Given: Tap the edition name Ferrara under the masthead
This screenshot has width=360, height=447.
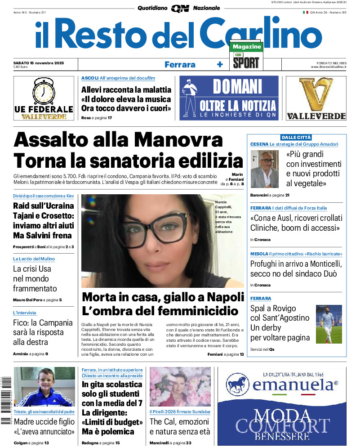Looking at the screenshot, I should pos(180,64).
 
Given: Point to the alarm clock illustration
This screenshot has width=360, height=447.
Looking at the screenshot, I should pos(44,92).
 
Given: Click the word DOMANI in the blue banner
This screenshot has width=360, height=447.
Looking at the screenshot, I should pos(237,86).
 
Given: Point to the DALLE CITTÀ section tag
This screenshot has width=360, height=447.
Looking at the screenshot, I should pos(296,137).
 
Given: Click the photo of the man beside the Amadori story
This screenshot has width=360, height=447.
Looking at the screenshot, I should pos(264,169).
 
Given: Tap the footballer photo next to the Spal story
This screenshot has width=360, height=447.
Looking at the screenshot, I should pos(329,324).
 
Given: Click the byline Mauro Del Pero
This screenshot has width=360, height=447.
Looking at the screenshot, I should pos(28,300).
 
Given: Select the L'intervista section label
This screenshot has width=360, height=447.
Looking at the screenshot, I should pos(25,313).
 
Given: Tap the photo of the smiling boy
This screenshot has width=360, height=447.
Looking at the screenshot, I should pos(38,387).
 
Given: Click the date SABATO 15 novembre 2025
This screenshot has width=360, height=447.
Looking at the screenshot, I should pos(39,63).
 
